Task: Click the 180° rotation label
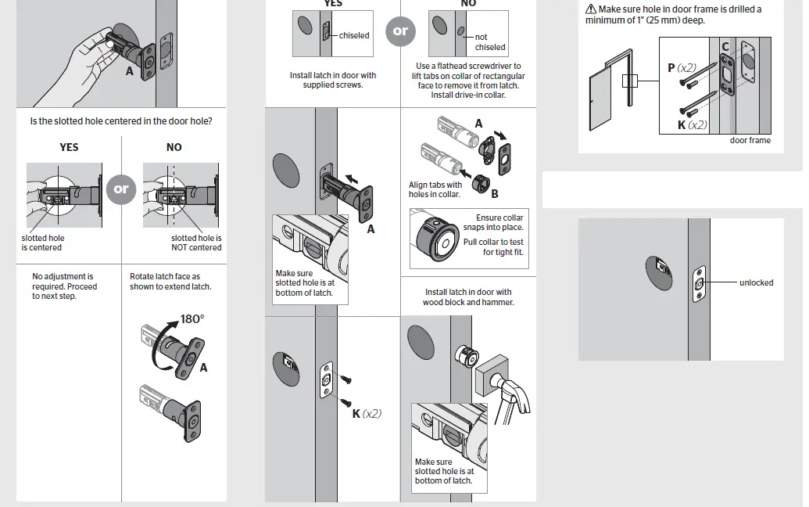pyautogui.click(x=192, y=318)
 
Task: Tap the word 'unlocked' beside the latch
pyautogui.click(x=756, y=282)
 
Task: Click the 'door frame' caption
pyautogui.click(x=750, y=141)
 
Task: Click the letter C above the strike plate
pyautogui.click(x=725, y=48)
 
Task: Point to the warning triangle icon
pyautogui.click(x=591, y=9)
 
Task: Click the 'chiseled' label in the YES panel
pyautogui.click(x=354, y=35)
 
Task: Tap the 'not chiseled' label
pyautogui.click(x=489, y=42)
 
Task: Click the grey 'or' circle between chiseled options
pyautogui.click(x=400, y=31)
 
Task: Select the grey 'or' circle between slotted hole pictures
pyautogui.click(x=121, y=189)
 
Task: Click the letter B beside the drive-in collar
pyautogui.click(x=495, y=193)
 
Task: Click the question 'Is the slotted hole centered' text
pyautogui.click(x=121, y=121)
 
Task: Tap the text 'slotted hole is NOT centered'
pyautogui.click(x=196, y=243)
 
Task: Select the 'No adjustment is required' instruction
pyautogui.click(x=65, y=286)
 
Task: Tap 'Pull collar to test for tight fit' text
pyautogui.click(x=493, y=247)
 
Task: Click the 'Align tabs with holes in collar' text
pyautogui.click(x=435, y=189)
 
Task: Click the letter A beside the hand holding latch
pyautogui.click(x=130, y=70)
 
